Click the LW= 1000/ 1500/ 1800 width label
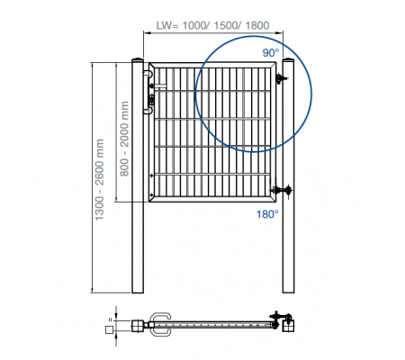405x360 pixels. [x=212, y=25]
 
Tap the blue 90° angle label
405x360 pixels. [x=271, y=53]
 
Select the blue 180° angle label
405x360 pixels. [x=267, y=214]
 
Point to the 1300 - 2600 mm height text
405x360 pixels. [x=99, y=180]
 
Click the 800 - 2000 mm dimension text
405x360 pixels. [x=124, y=139]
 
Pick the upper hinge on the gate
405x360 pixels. [x=282, y=78]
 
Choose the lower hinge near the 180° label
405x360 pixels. [x=282, y=190]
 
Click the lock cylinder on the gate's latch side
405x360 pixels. [x=151, y=98]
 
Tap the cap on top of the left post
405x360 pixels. [x=138, y=58]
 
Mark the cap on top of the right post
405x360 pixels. [x=288, y=58]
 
